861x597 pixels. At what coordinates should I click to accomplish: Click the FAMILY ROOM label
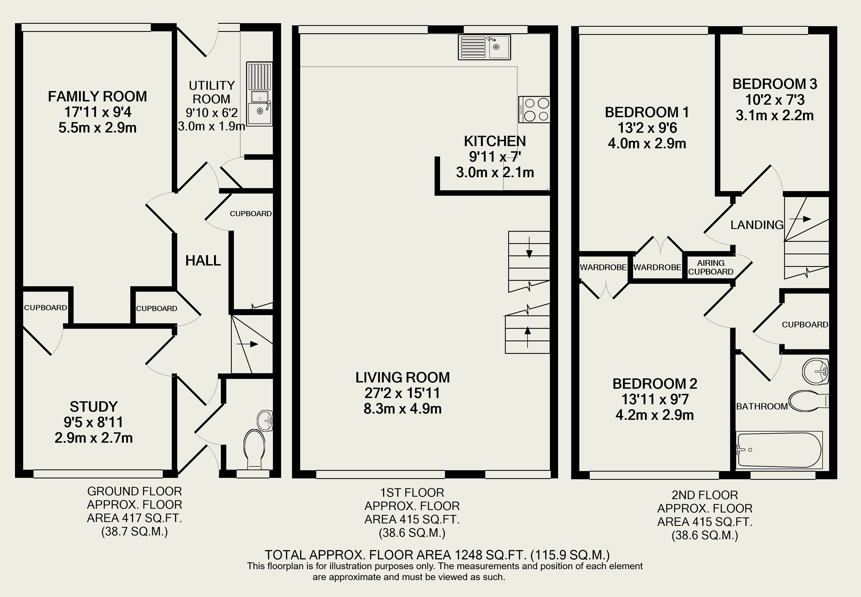coord(97,97)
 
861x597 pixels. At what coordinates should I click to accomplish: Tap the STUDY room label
coord(94,407)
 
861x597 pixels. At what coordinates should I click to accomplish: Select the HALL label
coord(203,260)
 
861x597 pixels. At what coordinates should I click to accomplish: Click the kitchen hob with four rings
coord(534,109)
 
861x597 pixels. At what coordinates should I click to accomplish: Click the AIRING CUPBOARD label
coord(711,267)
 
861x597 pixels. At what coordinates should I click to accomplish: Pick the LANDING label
coord(757,225)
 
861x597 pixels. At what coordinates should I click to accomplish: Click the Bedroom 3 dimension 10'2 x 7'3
coord(775,100)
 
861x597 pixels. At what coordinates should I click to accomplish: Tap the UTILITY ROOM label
coord(212,92)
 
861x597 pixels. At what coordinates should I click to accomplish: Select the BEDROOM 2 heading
coord(655,384)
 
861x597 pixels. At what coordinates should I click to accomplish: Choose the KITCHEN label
coord(495,141)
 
